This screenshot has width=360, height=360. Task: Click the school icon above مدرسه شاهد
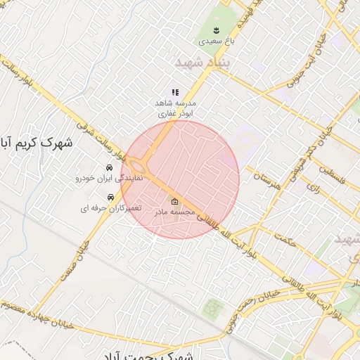point(175,92)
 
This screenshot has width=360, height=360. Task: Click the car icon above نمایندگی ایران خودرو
point(110,169)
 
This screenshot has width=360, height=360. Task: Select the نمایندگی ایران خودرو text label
point(109,179)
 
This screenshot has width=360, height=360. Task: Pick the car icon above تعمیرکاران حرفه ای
point(110,198)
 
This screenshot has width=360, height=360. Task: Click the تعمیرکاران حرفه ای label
point(110,208)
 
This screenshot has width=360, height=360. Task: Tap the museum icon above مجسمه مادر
point(174,203)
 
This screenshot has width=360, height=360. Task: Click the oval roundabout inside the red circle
point(144,167)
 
